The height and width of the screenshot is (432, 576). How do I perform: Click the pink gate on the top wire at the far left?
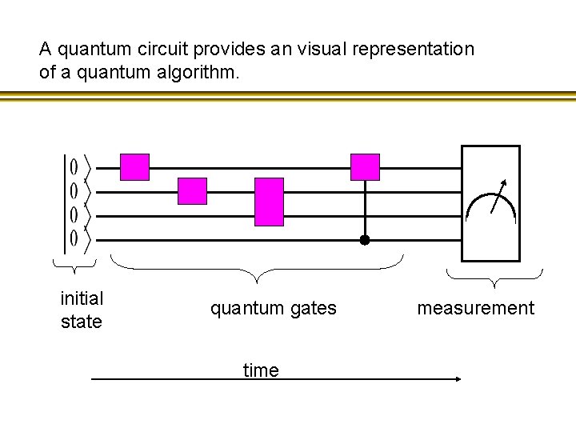point(134,167)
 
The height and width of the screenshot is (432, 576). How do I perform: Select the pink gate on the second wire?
point(192,191)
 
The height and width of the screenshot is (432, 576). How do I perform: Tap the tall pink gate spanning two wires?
point(270,202)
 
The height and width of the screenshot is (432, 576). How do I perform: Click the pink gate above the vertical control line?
point(366,167)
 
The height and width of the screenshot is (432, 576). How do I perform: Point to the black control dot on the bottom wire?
point(364,239)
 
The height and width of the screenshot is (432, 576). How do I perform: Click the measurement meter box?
point(490,203)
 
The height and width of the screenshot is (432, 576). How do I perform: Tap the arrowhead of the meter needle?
point(504,182)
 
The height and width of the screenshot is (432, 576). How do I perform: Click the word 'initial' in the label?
point(82,298)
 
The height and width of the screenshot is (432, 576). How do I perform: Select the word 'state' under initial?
point(82,322)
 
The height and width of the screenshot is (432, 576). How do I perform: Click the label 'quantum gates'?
point(274,308)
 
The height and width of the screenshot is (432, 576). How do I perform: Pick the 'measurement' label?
point(475,308)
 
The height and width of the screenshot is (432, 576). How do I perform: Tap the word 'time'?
point(261,370)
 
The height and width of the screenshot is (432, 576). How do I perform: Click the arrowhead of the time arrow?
point(458,379)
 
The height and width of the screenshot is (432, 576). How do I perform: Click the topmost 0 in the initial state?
point(74,167)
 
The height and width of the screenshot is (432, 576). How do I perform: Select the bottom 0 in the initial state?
point(74,238)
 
